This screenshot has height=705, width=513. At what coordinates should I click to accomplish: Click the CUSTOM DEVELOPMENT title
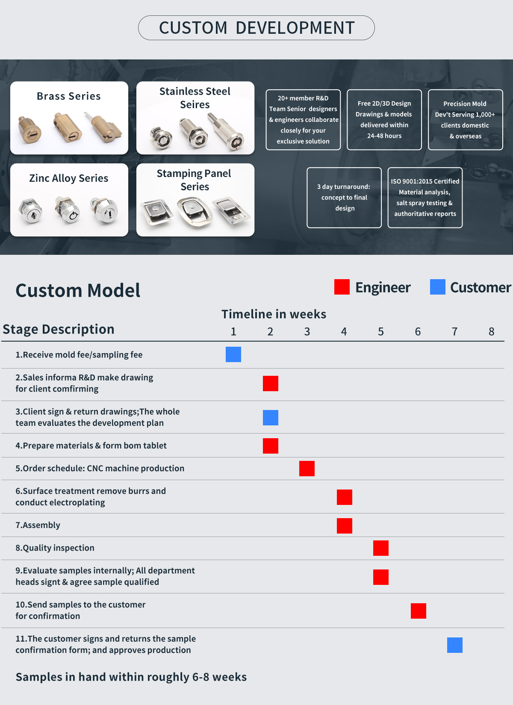[256, 28]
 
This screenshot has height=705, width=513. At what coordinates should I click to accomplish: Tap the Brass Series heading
[69, 96]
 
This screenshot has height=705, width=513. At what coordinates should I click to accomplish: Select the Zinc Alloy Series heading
[69, 178]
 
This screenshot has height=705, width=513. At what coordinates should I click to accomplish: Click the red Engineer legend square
[342, 287]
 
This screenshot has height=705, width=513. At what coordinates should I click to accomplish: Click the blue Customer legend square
[438, 287]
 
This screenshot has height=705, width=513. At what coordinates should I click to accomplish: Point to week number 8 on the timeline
[492, 332]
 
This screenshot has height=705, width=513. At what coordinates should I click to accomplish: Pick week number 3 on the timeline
[307, 332]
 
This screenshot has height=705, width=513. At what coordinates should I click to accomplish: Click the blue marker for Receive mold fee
[233, 354]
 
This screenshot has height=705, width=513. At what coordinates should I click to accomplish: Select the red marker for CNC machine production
[307, 469]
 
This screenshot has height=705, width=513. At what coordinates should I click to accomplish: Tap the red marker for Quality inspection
[381, 548]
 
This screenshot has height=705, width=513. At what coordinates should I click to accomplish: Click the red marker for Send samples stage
[419, 611]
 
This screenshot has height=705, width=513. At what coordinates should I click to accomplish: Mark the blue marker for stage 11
[455, 645]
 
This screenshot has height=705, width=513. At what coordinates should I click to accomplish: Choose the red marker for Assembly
[345, 526]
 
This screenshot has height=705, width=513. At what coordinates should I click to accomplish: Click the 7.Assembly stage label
[38, 525]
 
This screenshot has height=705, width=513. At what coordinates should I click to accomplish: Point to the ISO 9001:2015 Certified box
[425, 198]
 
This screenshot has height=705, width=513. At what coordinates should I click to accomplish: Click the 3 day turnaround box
[344, 198]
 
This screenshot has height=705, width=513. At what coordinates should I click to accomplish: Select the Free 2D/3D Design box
[384, 120]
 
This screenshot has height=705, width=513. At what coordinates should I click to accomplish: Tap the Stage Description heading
[59, 329]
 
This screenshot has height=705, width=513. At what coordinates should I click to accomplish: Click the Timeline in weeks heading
[274, 314]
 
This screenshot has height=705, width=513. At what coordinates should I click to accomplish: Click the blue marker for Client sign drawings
[271, 418]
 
